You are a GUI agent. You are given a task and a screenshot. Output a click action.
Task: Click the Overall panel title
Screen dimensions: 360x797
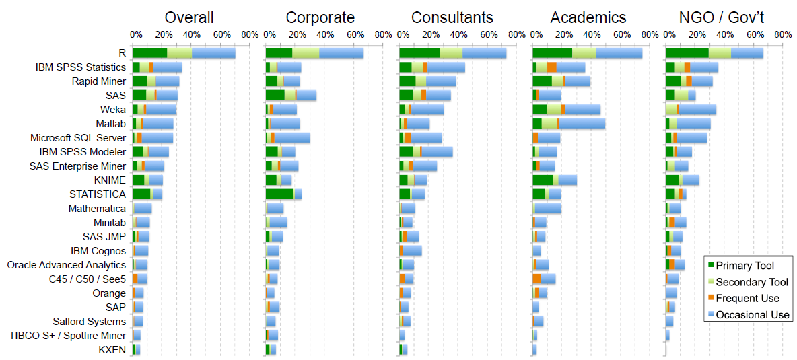click(189, 17)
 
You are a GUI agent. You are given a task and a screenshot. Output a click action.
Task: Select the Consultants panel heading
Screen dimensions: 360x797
click(452, 17)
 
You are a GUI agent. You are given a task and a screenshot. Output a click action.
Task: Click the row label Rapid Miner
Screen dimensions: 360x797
click(98, 81)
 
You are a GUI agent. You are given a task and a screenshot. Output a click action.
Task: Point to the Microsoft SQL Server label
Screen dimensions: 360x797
click(78, 138)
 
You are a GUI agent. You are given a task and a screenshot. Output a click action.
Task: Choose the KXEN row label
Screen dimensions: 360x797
click(112, 350)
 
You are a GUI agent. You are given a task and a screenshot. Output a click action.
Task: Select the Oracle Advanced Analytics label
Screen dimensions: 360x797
click(67, 265)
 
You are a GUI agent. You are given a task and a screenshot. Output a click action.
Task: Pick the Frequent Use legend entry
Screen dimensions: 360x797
click(747, 298)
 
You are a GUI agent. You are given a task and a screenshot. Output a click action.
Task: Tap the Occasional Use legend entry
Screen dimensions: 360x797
click(752, 315)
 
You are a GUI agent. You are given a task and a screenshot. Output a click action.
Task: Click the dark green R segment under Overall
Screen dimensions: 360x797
click(149, 53)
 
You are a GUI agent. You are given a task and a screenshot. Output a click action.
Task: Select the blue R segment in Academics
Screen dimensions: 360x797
click(619, 53)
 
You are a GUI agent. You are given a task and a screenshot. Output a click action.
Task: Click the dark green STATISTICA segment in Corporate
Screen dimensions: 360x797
click(279, 194)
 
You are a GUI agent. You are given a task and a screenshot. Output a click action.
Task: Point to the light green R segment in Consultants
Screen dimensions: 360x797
click(451, 53)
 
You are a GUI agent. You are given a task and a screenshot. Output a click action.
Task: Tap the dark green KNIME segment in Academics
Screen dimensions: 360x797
click(542, 180)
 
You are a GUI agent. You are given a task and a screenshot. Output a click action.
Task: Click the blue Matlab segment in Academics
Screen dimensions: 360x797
click(582, 124)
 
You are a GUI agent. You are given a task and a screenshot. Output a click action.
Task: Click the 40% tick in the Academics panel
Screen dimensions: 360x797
click(590, 34)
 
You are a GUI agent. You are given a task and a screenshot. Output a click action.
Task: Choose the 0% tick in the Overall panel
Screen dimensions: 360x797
click(135, 34)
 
